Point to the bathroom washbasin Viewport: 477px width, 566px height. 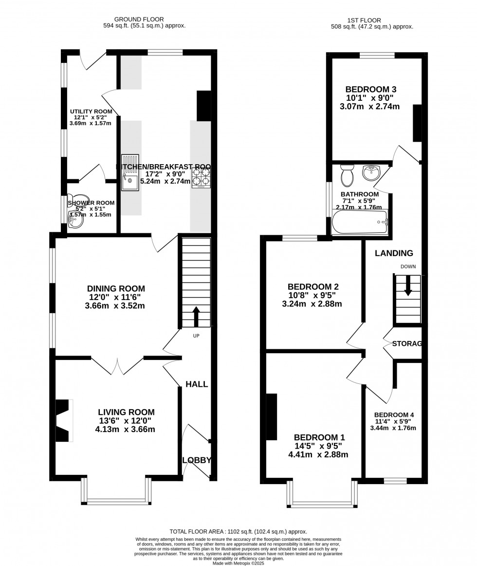click(372, 172)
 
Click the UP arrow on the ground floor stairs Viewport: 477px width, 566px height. click(196, 316)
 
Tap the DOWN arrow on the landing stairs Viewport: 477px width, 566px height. click(408, 285)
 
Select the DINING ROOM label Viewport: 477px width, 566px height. click(116, 289)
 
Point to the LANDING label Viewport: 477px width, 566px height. click(394, 253)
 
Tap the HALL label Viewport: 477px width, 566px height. click(197, 384)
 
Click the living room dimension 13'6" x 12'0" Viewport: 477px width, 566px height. click(126, 421)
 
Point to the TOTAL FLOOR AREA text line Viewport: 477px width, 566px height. click(238, 532)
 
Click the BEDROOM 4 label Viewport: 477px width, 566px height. click(394, 415)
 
